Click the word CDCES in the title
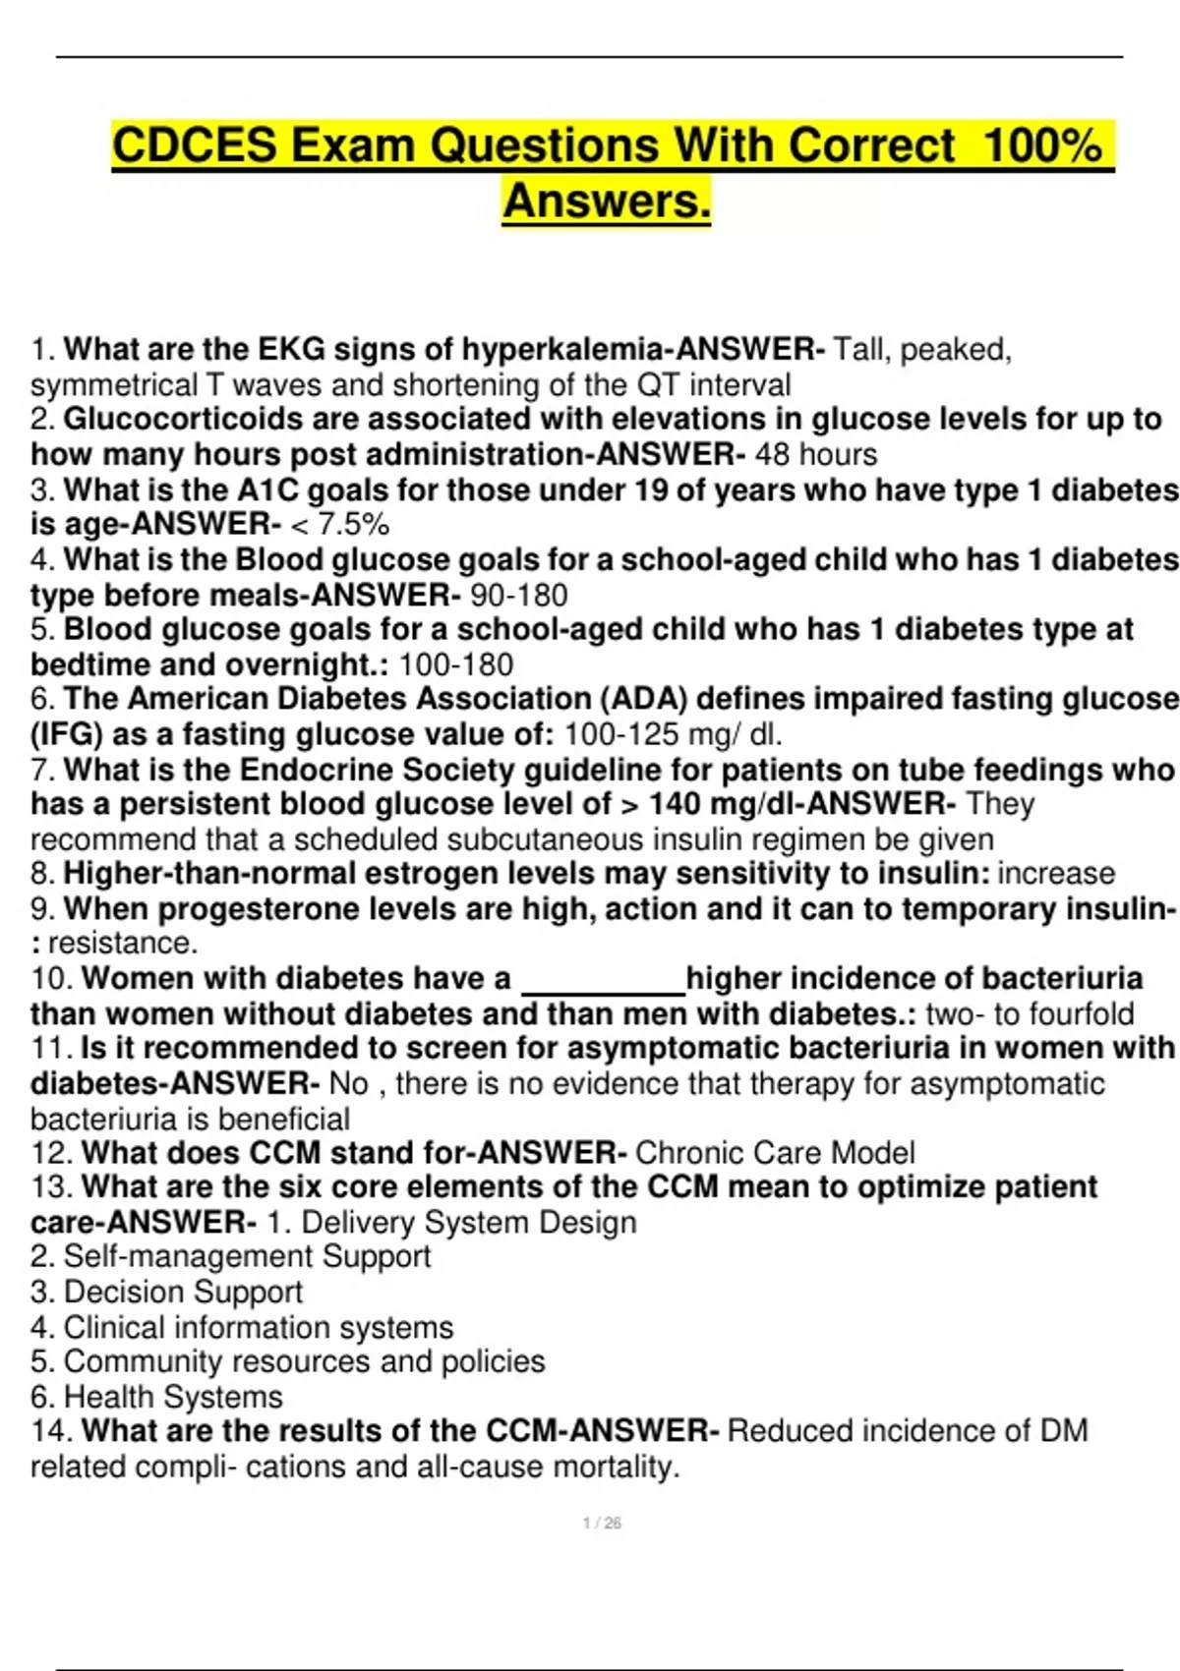pos(194,145)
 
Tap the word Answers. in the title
pos(606,202)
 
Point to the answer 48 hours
pos(815,454)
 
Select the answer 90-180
pos(518,595)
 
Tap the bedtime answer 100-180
pos(455,664)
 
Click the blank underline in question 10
pos(602,981)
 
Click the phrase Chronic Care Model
pos(775,1152)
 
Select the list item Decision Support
pos(167,1292)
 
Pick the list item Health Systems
pos(156,1397)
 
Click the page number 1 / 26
pos(602,1523)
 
